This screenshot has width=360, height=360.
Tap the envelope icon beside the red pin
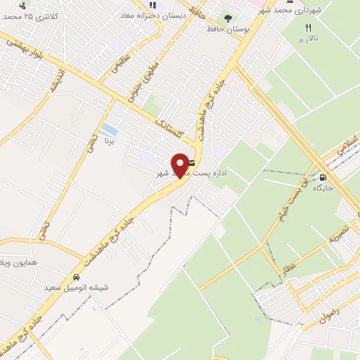click(x=192, y=162)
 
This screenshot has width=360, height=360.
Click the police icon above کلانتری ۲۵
click(x=27, y=4)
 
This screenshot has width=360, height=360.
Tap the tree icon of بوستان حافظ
click(x=229, y=19)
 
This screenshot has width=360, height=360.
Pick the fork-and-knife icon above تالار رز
click(x=307, y=27)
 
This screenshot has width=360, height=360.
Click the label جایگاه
click(x=322, y=188)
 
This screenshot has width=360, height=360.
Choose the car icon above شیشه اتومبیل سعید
click(x=76, y=277)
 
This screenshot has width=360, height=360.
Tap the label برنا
click(x=109, y=141)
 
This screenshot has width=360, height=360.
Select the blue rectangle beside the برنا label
click(x=109, y=130)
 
